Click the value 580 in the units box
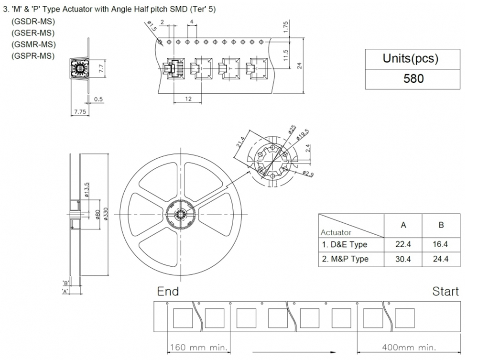tap(413, 78)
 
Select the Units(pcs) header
tap(413, 58)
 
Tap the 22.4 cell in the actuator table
tap(403, 244)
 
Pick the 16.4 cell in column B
tap(441, 244)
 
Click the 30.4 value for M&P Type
tap(403, 259)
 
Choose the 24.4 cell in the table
tap(441, 259)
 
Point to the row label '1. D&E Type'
tap(344, 244)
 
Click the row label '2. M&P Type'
tap(344, 259)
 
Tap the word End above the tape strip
tap(168, 291)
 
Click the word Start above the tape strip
tap(445, 291)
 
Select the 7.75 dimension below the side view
tap(79, 112)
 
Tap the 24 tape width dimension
tap(300, 65)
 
